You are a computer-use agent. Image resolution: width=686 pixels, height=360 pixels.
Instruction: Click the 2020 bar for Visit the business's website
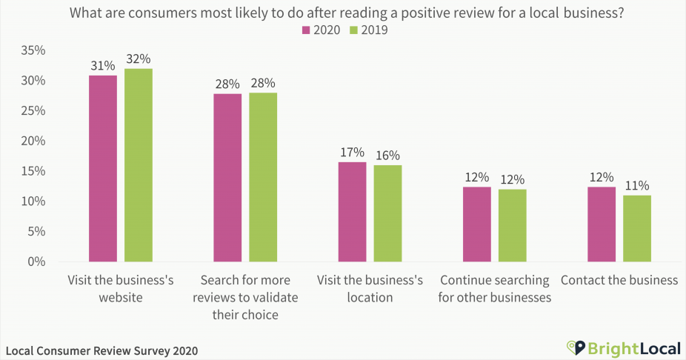pyautogui.click(x=102, y=168)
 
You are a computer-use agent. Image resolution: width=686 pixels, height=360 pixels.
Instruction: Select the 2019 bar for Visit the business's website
pyautogui.click(x=138, y=165)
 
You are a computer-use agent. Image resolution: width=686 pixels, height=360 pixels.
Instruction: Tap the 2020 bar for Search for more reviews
pyautogui.click(x=227, y=178)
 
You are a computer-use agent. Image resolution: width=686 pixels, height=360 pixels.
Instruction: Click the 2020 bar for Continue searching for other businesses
pyautogui.click(x=476, y=224)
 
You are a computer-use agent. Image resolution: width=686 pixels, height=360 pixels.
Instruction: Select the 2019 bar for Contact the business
pyautogui.click(x=636, y=228)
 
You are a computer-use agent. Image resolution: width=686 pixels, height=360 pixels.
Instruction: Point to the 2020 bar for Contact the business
pyautogui.click(x=601, y=224)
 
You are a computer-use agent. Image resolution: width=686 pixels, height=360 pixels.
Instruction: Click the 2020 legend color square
pyautogui.click(x=304, y=30)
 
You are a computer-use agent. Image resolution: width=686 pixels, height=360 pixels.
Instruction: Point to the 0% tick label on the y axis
pyautogui.click(x=38, y=261)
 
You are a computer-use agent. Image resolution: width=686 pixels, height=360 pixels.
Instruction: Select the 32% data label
pyautogui.click(x=138, y=59)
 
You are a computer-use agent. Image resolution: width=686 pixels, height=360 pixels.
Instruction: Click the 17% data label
pyautogui.click(x=352, y=152)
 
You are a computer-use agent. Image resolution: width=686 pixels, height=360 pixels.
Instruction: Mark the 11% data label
pyautogui.click(x=636, y=185)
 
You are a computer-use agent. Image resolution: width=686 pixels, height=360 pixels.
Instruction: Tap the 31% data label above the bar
pyautogui.click(x=102, y=65)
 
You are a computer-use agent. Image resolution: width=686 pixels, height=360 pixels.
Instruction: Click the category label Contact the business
pyautogui.click(x=619, y=281)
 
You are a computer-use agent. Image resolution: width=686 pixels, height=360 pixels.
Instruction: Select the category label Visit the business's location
pyautogui.click(x=370, y=289)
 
